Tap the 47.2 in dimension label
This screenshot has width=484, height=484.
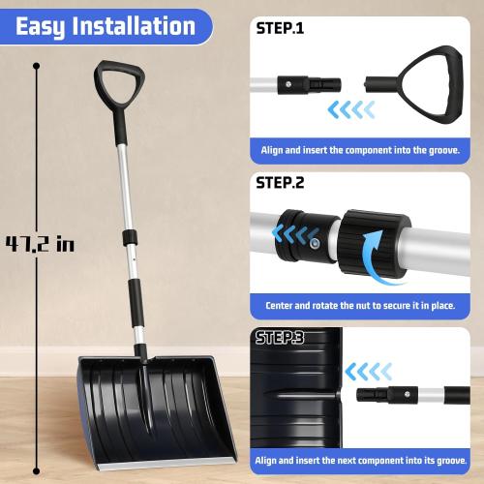(x=39, y=243)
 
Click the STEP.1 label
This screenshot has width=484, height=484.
(x=282, y=27)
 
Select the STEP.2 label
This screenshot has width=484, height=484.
(x=282, y=181)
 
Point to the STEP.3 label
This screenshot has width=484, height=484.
(x=282, y=338)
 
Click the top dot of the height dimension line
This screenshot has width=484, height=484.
(x=37, y=67)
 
